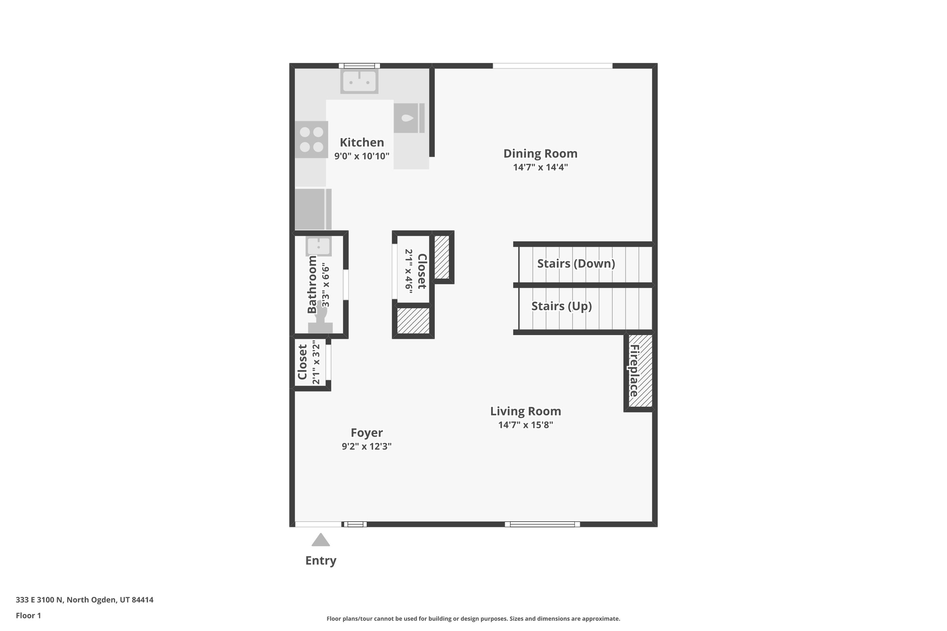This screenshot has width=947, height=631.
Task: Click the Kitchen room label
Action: pyautogui.click(x=362, y=142)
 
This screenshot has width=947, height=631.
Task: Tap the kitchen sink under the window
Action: pyautogui.click(x=359, y=81)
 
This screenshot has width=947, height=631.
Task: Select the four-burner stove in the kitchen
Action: pyautogui.click(x=311, y=140)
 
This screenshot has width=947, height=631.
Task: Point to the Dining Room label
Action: pyautogui.click(x=540, y=153)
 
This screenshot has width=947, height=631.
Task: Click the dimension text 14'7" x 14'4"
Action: pyautogui.click(x=540, y=167)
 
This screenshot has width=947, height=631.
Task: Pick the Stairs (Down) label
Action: pyautogui.click(x=576, y=263)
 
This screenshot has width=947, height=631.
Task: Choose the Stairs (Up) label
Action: pyautogui.click(x=561, y=306)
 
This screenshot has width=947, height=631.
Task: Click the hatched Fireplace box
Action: pyautogui.click(x=640, y=372)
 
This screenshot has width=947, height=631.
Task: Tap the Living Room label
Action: pyautogui.click(x=525, y=411)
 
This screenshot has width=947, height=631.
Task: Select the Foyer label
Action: pyautogui.click(x=366, y=433)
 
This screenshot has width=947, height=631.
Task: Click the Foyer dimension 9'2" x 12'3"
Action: pyautogui.click(x=366, y=447)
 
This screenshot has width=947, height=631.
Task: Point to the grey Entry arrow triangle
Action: pyautogui.click(x=320, y=540)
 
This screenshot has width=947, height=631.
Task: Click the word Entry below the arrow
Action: pyautogui.click(x=320, y=561)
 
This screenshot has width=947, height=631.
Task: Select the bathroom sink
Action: pyautogui.click(x=319, y=246)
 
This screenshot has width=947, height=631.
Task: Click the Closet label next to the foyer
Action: pyautogui.click(x=302, y=362)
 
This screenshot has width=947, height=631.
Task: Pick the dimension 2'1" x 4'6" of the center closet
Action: pyautogui.click(x=409, y=270)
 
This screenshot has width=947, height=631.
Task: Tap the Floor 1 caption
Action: pyautogui.click(x=28, y=616)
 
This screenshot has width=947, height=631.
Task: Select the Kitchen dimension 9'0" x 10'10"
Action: pyautogui.click(x=362, y=156)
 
